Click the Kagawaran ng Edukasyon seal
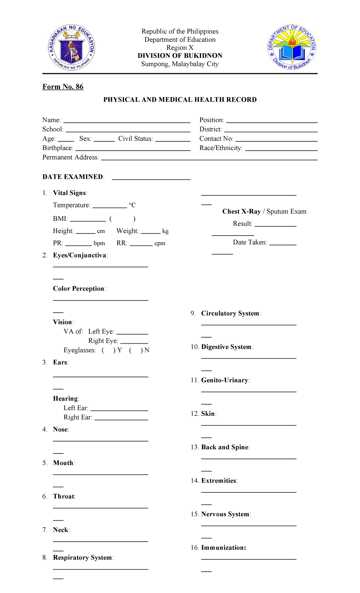(x=71, y=47)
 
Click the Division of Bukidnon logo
(x=292, y=47)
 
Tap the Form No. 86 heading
(x=63, y=87)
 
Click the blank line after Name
(x=127, y=122)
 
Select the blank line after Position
(x=271, y=122)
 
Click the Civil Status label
(x=135, y=139)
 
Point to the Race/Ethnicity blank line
(x=281, y=149)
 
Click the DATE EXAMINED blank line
(x=151, y=179)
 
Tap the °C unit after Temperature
(x=132, y=205)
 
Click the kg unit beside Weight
(x=165, y=231)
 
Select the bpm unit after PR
(x=99, y=243)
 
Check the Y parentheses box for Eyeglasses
(x=108, y=350)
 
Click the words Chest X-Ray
(x=241, y=212)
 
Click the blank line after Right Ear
(x=121, y=419)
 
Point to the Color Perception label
(x=79, y=289)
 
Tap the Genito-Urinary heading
(x=225, y=380)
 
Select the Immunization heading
(x=223, y=548)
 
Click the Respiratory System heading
(x=82, y=558)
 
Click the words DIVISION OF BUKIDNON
(x=180, y=56)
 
